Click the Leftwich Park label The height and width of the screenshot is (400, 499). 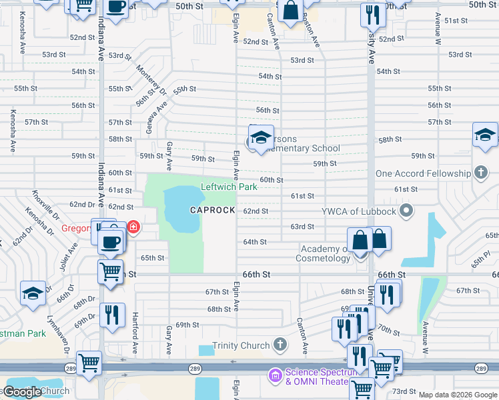coord(229,187)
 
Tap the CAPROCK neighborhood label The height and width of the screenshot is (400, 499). coord(212,211)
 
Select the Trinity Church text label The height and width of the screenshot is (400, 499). coord(241,345)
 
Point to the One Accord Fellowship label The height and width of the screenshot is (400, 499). coord(422,173)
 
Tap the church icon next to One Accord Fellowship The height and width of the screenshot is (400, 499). coord(480,173)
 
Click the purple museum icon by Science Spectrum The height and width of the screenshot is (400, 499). coord(276,376)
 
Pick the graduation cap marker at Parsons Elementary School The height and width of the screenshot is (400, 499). coord(261,139)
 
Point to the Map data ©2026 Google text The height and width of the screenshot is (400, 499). coord(458,395)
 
